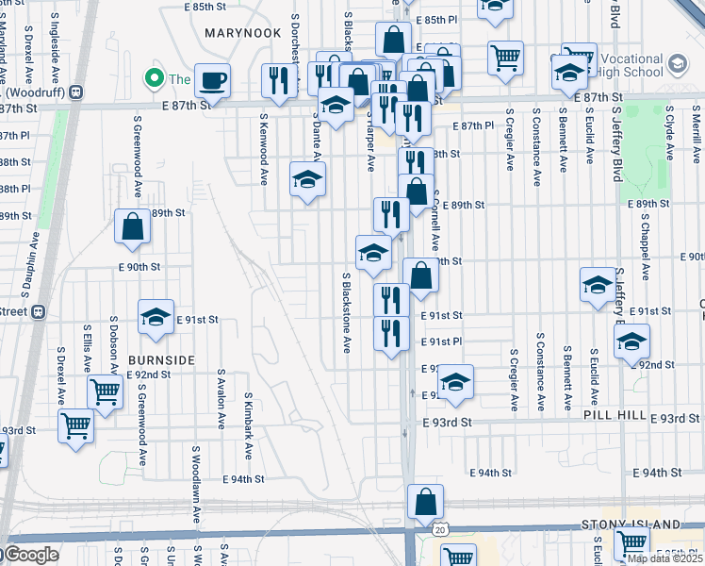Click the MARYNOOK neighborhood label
tap(242, 32)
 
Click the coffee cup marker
tap(212, 80)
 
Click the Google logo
tap(30, 555)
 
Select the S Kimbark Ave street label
tap(248, 426)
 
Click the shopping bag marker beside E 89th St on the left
tap(133, 226)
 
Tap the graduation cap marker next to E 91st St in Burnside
tap(156, 318)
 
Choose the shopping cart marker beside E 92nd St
tap(105, 391)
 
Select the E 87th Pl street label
tap(473, 125)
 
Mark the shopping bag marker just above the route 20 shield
tap(426, 501)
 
